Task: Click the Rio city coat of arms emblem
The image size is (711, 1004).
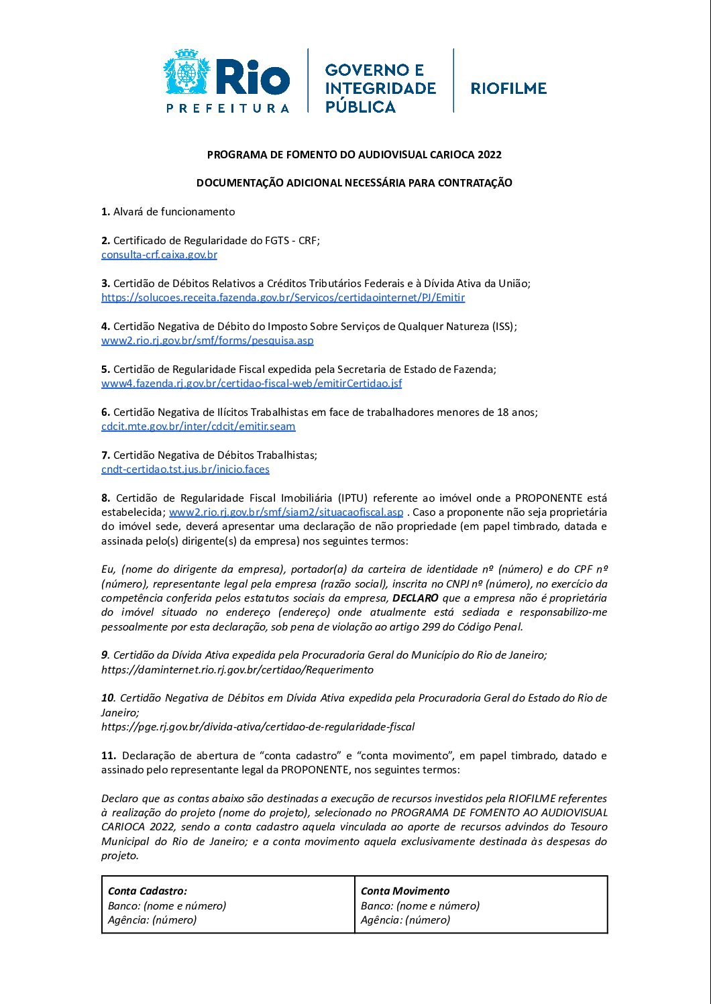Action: [x=186, y=72]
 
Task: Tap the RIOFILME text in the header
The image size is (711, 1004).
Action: [x=508, y=88]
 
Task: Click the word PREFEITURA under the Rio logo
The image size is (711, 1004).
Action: [x=228, y=108]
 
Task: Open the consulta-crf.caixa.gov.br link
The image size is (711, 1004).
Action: [x=159, y=255]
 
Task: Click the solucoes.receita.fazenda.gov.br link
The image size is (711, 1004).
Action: [x=283, y=298]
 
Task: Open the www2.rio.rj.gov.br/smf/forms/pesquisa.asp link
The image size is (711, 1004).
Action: [x=207, y=341]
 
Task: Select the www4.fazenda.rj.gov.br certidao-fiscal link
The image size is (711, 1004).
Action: [x=252, y=384]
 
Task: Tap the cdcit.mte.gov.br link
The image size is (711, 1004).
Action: [x=198, y=427]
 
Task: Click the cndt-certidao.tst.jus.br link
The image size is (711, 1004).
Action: [x=185, y=469]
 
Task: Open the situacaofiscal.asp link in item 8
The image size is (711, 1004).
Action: [x=286, y=512]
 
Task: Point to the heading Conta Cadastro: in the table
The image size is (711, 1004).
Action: [x=148, y=891]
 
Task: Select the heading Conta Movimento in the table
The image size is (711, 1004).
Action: [x=405, y=891]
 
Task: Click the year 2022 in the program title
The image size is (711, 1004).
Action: [x=490, y=155]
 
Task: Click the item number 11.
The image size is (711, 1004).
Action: [x=109, y=756]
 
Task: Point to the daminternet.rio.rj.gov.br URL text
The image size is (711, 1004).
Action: [x=237, y=670]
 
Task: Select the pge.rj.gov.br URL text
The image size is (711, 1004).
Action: [x=258, y=727]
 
